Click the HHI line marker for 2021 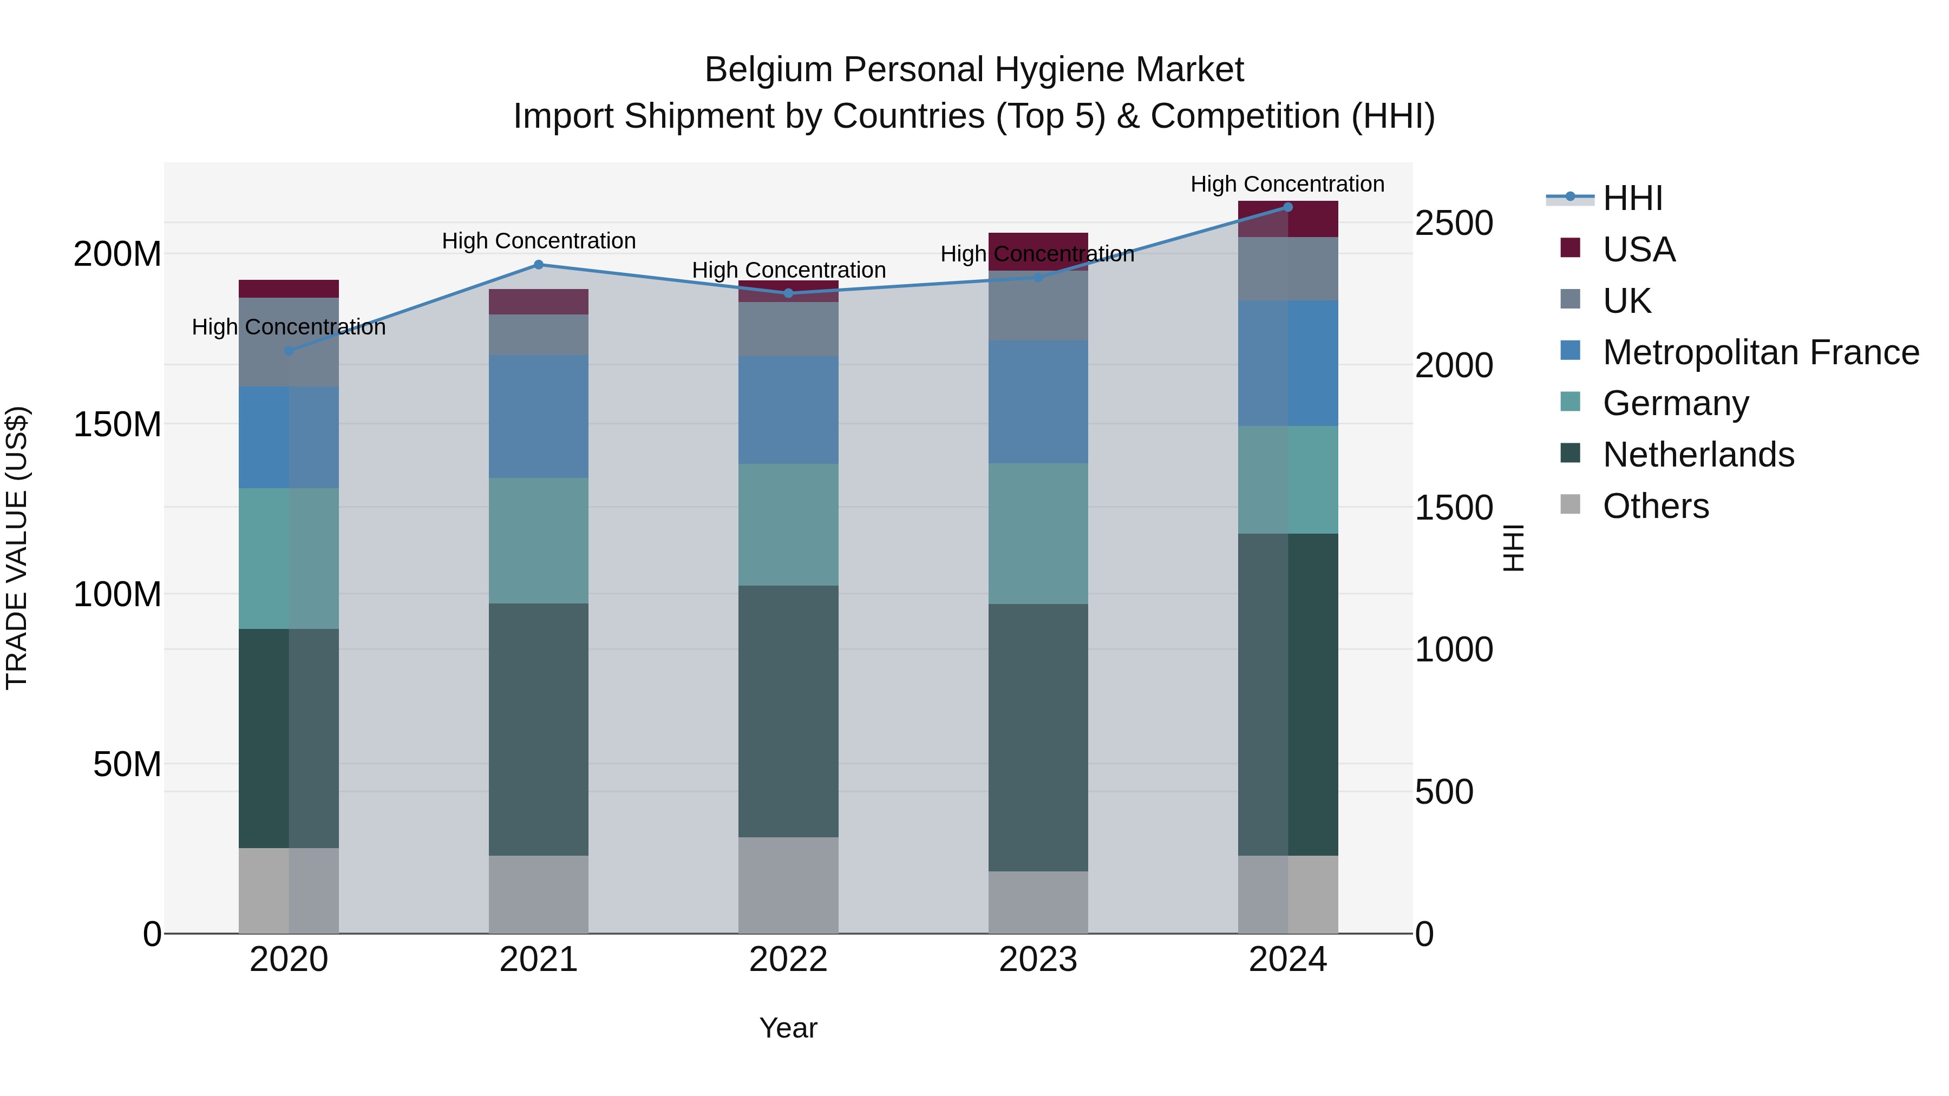tap(539, 265)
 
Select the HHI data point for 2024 tap(1288, 207)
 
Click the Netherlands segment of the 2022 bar tap(788, 711)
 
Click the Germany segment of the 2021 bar tap(539, 540)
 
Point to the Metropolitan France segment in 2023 tap(1038, 402)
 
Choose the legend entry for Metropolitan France tap(1760, 352)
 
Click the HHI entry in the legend tap(1633, 198)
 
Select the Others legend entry tap(1656, 506)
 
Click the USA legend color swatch tap(1570, 248)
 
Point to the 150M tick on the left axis tap(117, 424)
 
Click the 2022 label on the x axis tap(788, 960)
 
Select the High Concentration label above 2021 tap(539, 240)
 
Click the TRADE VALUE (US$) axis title tap(17, 548)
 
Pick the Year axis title tap(788, 1028)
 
